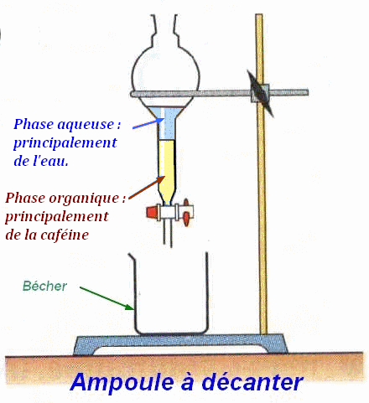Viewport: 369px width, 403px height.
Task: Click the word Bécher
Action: tap(44, 286)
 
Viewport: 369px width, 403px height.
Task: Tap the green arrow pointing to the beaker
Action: tap(107, 298)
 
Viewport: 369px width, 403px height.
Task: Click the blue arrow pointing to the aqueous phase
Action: tap(148, 123)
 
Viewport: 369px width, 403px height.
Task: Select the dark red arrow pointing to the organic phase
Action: tap(147, 188)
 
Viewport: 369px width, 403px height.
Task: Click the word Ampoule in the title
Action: tap(122, 382)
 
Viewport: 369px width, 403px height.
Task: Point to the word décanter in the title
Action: tap(252, 382)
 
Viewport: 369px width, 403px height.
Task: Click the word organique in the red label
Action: tap(84, 199)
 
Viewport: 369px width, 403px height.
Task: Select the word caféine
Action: tap(65, 234)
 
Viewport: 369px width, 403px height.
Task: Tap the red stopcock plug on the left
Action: tap(151, 212)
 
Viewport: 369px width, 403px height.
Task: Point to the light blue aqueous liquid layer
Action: tap(167, 123)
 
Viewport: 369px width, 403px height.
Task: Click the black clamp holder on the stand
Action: tap(261, 93)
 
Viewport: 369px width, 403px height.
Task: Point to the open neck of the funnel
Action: tap(164, 28)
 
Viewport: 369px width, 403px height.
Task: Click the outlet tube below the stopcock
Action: tap(168, 234)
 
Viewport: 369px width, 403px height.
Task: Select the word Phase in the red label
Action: tap(25, 199)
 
